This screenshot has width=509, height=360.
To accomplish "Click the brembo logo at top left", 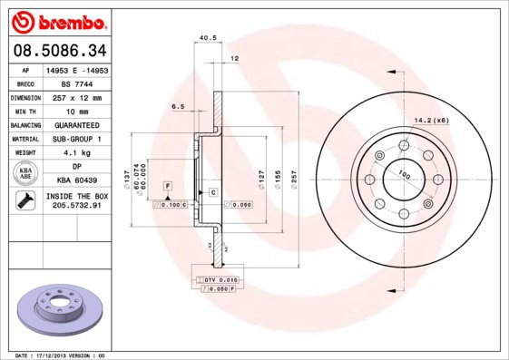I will coord(57,20).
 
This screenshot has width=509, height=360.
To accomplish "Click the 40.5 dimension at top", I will coord(205,38).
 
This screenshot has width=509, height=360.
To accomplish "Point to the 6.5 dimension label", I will coord(178,106).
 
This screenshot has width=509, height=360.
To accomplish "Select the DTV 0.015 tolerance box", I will coord(219,279).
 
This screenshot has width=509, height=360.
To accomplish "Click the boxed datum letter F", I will coord(168,186).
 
